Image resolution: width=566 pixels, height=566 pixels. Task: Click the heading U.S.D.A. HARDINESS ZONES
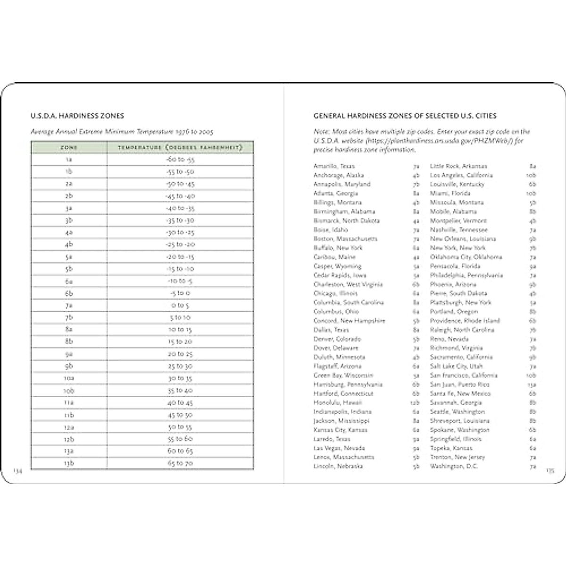tap(77, 116)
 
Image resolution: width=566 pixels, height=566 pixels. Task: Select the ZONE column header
tap(69, 148)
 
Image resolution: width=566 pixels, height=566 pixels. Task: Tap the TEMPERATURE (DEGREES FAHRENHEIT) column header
tap(180, 148)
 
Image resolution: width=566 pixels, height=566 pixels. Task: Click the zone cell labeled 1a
tap(69, 159)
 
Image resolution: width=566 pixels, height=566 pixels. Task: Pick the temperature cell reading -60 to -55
tap(180, 159)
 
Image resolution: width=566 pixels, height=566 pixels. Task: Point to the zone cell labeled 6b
tap(69, 293)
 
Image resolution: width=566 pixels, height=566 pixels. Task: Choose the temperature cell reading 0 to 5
tap(180, 305)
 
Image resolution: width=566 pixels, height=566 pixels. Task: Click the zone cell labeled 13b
tap(69, 463)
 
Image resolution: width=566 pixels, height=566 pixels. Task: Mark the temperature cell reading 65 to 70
tap(180, 463)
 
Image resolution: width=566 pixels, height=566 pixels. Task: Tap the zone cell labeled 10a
tap(69, 378)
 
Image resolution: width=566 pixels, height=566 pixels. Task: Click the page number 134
tap(17, 470)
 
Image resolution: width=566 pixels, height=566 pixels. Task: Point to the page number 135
tap(550, 470)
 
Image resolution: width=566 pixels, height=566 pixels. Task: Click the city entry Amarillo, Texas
tap(334, 166)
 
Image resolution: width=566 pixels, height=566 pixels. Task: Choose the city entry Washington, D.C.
tap(454, 466)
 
